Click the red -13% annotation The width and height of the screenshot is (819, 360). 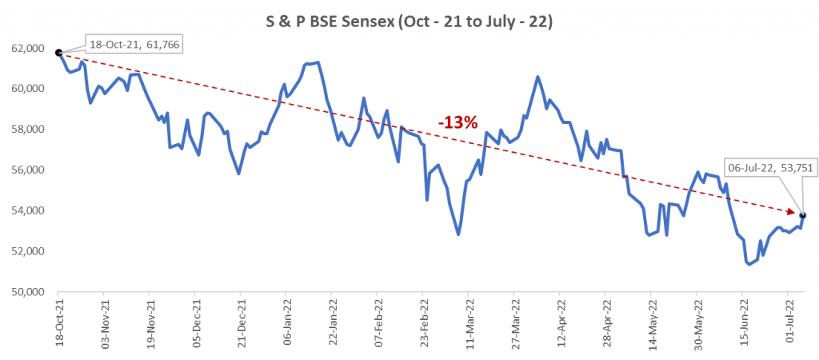click(457, 122)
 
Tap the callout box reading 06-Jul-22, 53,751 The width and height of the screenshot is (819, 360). click(764, 167)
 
